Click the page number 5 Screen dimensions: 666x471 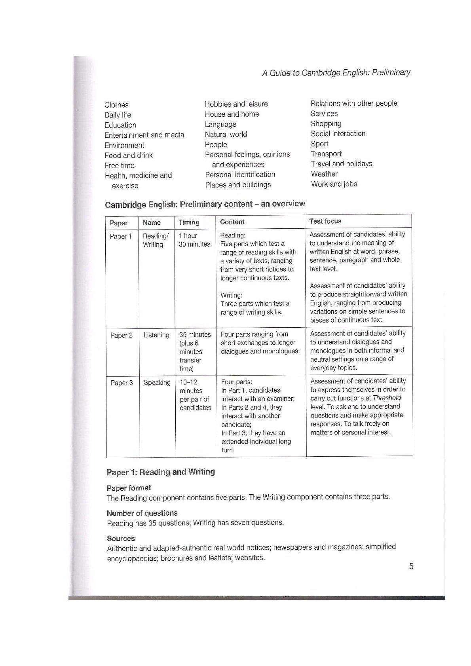411,566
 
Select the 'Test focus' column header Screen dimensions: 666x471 325,221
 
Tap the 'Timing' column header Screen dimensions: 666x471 189,222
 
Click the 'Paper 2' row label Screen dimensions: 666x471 122,335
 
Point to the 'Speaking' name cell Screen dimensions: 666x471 157,383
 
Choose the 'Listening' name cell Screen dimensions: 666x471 156,335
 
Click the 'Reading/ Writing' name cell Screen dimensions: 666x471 156,240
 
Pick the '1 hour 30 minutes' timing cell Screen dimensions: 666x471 194,240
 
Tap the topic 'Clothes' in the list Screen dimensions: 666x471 116,105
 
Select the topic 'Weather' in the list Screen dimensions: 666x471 324,174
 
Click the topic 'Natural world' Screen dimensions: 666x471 226,134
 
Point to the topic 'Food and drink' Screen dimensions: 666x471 129,155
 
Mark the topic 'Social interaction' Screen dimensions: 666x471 338,133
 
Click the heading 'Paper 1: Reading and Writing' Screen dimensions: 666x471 161,472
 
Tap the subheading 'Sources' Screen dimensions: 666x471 121,538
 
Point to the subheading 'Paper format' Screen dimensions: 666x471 129,488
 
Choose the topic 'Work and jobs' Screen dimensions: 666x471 334,184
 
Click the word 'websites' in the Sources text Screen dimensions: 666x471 250,558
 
